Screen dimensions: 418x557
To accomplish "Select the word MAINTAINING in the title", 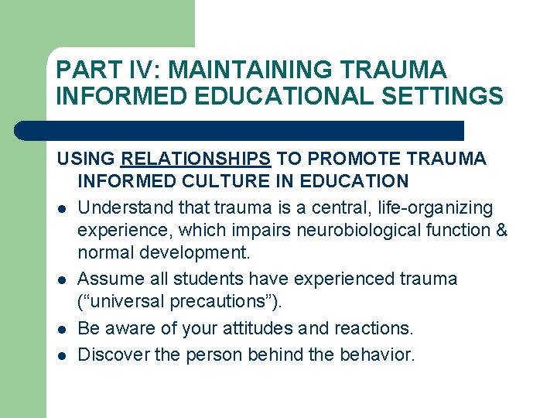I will point(252,70).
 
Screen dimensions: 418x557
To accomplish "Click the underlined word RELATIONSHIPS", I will point(196,159).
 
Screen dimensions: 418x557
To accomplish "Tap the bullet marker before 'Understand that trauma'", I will point(60,209).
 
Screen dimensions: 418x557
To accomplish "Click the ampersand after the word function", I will point(501,231).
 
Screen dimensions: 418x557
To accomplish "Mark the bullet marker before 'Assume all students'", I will point(60,279).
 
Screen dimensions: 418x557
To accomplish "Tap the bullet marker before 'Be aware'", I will point(60,330).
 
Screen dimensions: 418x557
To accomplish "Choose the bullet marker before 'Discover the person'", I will point(60,356).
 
